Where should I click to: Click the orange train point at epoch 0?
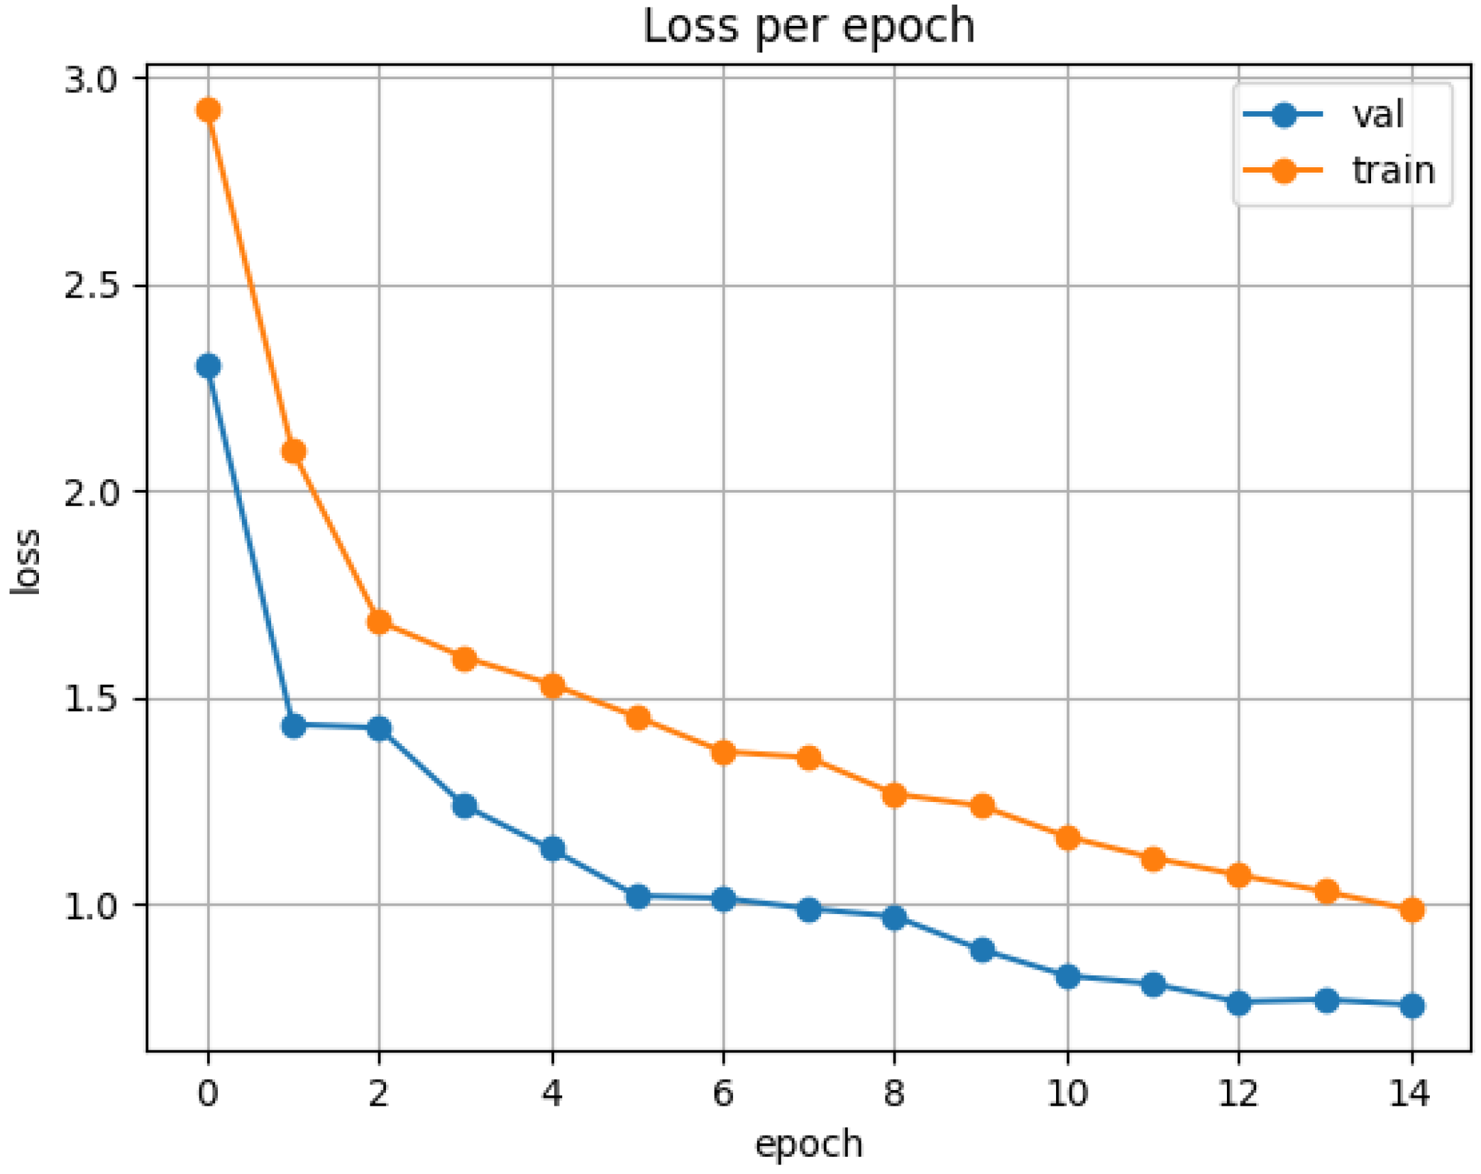click(x=208, y=110)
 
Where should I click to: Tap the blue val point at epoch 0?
click(x=208, y=366)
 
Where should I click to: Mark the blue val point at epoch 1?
click(x=294, y=726)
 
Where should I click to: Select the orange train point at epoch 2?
click(x=379, y=622)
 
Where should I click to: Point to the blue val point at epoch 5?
click(x=638, y=897)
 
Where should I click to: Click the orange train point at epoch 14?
click(x=1411, y=910)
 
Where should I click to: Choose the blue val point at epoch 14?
click(x=1411, y=1007)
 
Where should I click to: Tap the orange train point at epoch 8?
click(x=894, y=795)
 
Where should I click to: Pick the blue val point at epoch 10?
click(x=1067, y=976)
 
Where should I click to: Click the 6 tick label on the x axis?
click(x=723, y=1093)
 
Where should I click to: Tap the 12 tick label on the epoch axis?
click(x=1238, y=1093)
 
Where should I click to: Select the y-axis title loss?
click(x=26, y=562)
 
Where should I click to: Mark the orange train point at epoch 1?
click(x=294, y=452)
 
